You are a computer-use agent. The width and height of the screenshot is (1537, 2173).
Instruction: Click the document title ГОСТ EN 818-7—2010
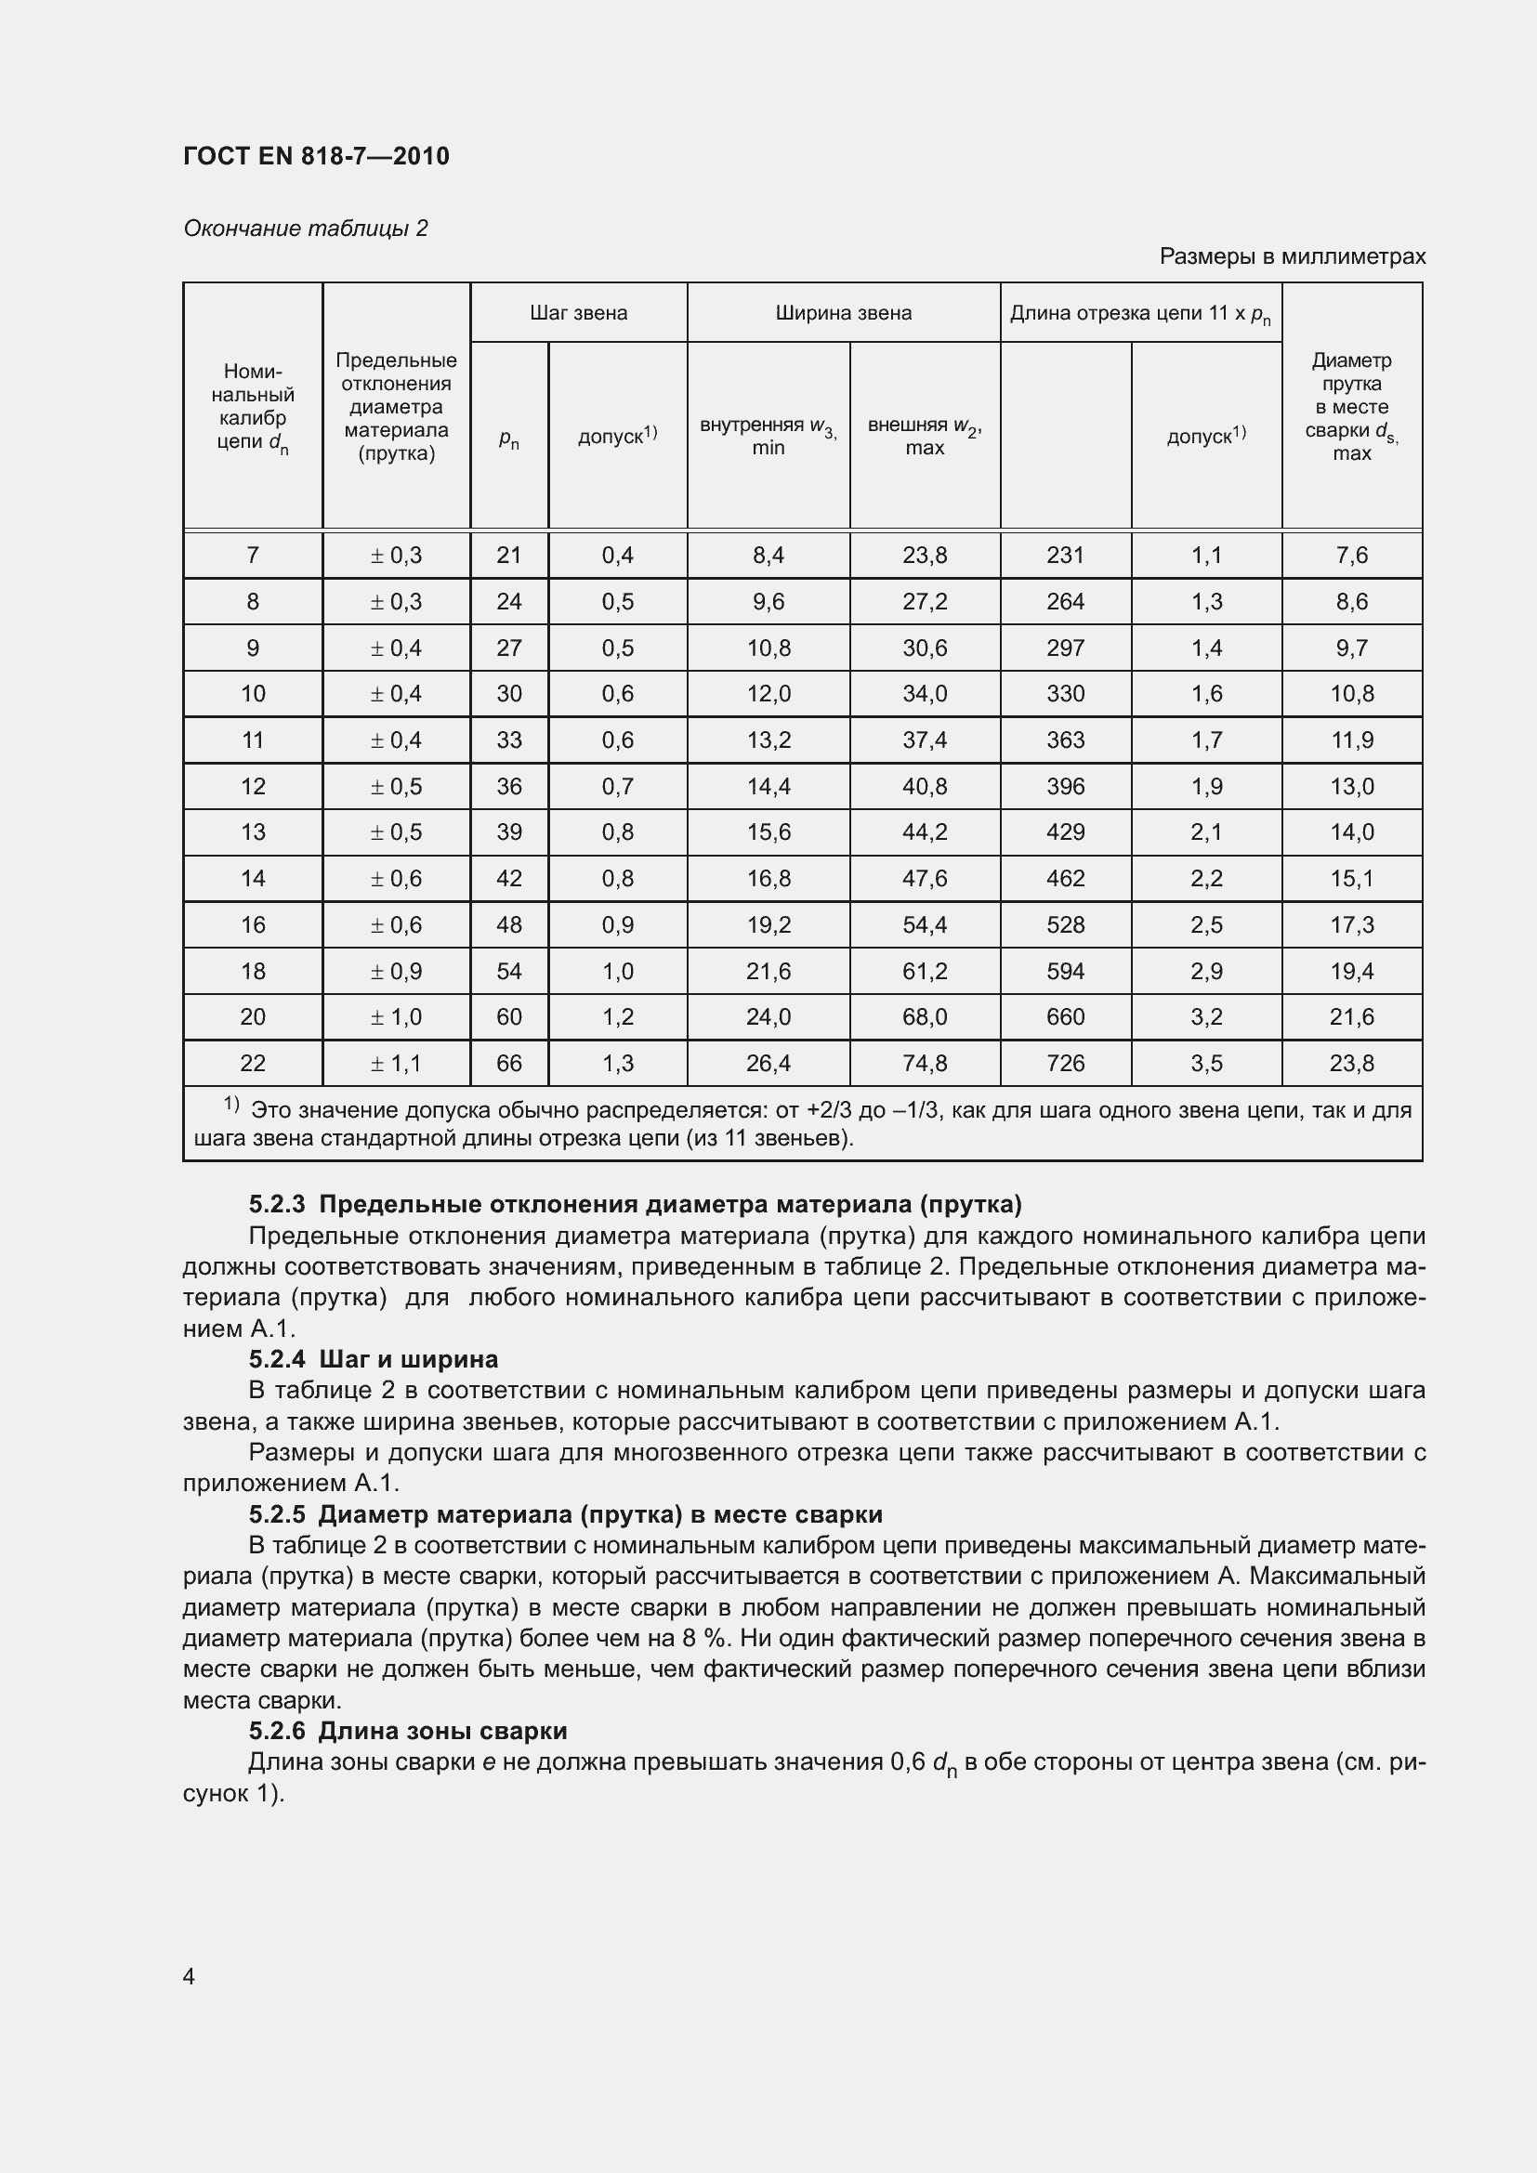click(316, 156)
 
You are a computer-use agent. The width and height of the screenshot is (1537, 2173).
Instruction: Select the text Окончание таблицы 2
click(305, 229)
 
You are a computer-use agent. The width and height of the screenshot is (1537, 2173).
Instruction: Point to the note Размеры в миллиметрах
click(1292, 256)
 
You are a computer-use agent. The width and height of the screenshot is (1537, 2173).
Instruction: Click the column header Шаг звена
click(578, 313)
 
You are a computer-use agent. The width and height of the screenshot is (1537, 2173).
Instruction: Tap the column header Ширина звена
click(843, 313)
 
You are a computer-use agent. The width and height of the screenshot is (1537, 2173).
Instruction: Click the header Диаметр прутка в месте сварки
click(1351, 406)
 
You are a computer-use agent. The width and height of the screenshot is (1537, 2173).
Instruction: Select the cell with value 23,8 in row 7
click(925, 556)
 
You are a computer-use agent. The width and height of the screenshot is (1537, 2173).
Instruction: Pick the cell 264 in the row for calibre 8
click(1065, 602)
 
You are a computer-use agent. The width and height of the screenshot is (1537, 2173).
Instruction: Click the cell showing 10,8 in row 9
click(768, 648)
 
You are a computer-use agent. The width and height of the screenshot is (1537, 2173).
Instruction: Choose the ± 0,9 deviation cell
click(396, 971)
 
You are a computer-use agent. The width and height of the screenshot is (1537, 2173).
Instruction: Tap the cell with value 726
click(1065, 1064)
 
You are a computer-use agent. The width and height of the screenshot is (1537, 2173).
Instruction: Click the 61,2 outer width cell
click(925, 971)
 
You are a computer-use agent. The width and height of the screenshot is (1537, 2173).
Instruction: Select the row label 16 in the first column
click(253, 924)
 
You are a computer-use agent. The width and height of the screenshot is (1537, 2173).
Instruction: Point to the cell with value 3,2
click(1207, 1017)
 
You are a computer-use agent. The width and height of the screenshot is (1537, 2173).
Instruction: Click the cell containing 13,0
click(1351, 787)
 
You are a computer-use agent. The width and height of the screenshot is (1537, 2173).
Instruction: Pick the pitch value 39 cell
click(509, 832)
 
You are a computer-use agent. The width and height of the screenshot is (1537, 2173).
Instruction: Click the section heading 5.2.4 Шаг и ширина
click(373, 1360)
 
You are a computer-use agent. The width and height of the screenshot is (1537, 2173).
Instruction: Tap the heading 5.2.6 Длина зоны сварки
click(408, 1731)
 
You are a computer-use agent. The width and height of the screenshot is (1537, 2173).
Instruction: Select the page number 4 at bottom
click(190, 1977)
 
